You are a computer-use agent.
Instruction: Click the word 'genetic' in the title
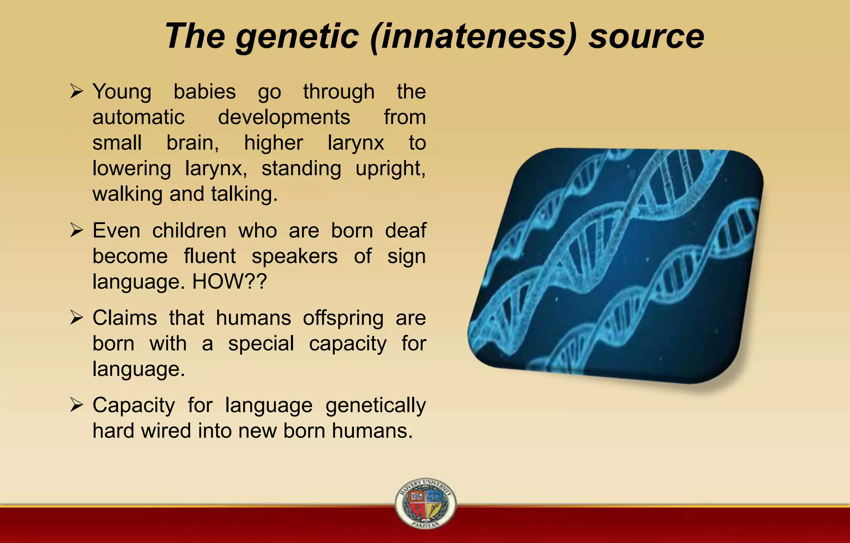pos(297,37)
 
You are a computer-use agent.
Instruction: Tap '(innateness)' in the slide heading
pos(473,37)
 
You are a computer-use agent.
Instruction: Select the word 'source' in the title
pos(646,37)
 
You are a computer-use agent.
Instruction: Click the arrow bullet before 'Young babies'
pos(77,91)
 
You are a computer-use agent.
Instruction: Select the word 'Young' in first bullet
pos(122,92)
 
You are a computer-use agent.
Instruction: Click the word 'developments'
pos(284,117)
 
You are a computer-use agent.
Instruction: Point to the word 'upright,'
pos(390,169)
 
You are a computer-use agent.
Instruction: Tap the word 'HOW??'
pos(230,282)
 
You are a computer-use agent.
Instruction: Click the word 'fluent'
pos(210,256)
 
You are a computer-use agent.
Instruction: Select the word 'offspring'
pos(343,319)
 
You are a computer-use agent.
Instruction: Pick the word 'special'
pos(261,344)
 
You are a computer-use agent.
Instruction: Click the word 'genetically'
pos(375,406)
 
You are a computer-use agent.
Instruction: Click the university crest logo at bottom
pos(425,503)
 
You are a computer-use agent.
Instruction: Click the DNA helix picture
pos(616,265)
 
